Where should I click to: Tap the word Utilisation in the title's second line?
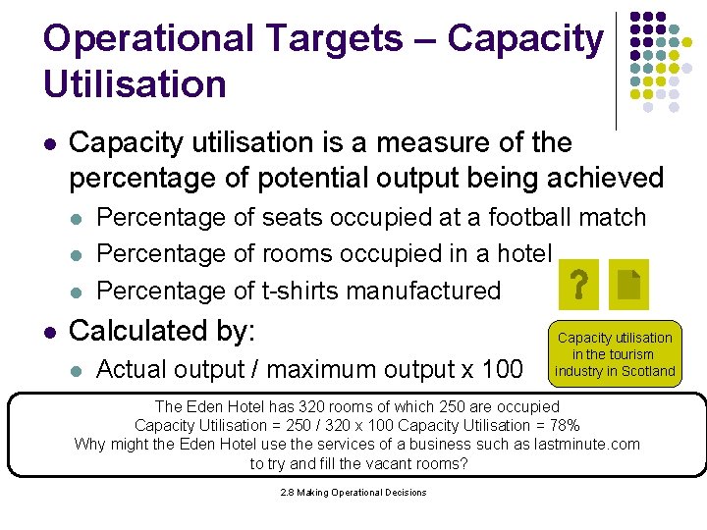pyautogui.click(x=135, y=84)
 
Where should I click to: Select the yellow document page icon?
pyautogui.click(x=629, y=285)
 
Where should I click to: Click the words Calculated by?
pyautogui.click(x=162, y=331)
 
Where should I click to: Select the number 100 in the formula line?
pyautogui.click(x=503, y=370)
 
